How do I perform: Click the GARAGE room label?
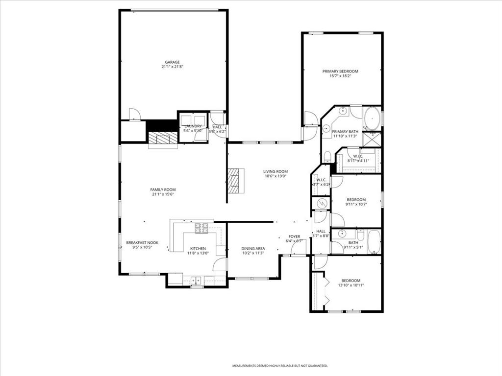coord(172,62)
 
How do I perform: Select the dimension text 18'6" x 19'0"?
coord(276,176)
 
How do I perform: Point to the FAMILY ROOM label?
coord(163,189)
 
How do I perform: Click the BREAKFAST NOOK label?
coord(142,242)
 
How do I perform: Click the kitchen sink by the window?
coord(196,281)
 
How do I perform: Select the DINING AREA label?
coord(253,248)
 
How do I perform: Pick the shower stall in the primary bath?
coord(373,139)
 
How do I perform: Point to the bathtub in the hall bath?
coord(374,242)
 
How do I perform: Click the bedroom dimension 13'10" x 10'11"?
coord(351,285)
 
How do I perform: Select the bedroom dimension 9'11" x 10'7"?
coord(356,204)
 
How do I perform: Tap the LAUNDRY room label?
coord(193,126)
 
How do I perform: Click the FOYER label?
coord(294,236)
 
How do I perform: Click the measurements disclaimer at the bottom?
coord(279,366)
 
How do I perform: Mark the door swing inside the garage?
coord(134,114)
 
